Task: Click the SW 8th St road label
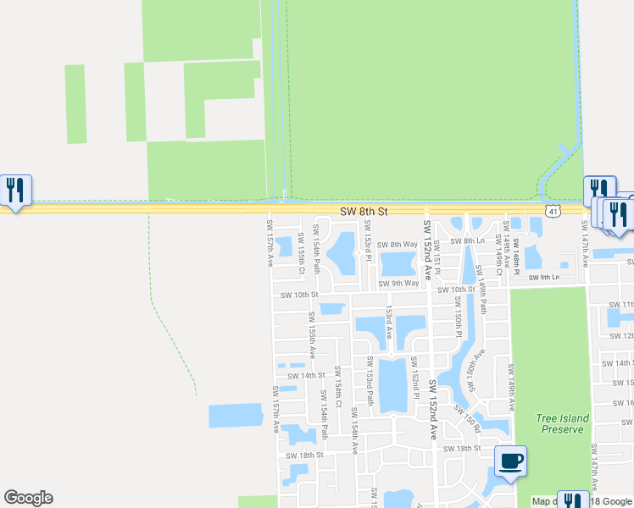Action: [x=364, y=211]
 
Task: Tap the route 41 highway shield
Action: [x=552, y=211]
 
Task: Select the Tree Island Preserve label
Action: [x=560, y=423]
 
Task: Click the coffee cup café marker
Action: [x=509, y=461]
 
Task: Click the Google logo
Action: [x=28, y=498]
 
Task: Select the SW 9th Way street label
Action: [x=398, y=284]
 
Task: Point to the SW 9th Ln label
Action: [x=544, y=278]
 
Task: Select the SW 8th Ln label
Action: [x=467, y=241]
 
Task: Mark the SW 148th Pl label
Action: [x=515, y=257]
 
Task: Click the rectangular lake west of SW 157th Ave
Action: [x=236, y=415]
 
